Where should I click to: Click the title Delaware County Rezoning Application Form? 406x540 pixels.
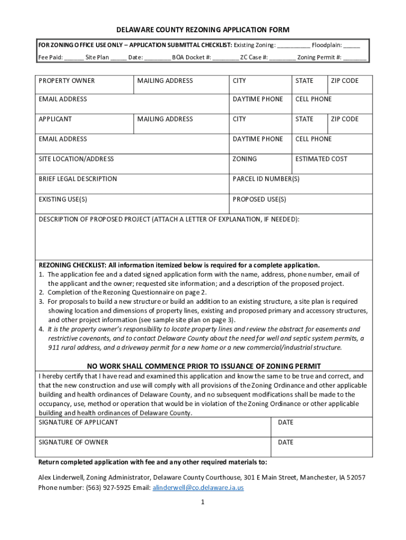(x=203, y=30)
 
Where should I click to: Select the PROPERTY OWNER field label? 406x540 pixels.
(x=66, y=81)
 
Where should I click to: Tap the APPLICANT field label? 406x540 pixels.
(x=55, y=119)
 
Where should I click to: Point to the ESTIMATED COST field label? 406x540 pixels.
(x=321, y=159)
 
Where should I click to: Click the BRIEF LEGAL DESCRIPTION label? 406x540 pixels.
(x=78, y=179)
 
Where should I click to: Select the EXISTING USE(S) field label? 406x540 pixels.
(x=63, y=199)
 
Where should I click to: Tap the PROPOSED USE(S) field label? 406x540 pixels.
(x=259, y=199)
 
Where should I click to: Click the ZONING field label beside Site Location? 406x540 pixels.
(x=245, y=159)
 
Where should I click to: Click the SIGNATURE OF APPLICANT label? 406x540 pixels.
(x=78, y=422)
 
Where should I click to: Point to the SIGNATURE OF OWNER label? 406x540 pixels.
(x=73, y=442)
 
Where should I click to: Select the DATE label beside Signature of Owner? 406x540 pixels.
(x=285, y=442)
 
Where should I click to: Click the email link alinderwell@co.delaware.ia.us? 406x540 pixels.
(x=198, y=488)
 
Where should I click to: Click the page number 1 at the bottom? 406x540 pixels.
(x=202, y=503)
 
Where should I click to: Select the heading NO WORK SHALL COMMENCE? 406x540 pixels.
(x=204, y=367)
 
